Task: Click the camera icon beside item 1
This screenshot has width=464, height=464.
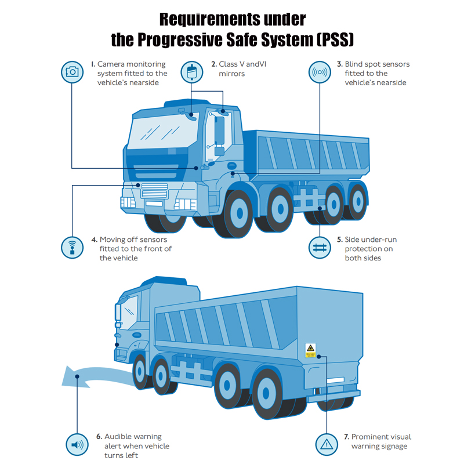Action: pyautogui.click(x=72, y=72)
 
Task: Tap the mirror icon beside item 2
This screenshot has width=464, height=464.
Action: pyautogui.click(x=191, y=72)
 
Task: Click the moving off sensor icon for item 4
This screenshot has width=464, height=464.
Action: pyautogui.click(x=72, y=247)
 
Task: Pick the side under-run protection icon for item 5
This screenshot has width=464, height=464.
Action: pyautogui.click(x=319, y=247)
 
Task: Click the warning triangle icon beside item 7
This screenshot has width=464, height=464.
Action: pyautogui.click(x=327, y=445)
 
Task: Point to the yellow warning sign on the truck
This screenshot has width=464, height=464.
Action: pyautogui.click(x=311, y=350)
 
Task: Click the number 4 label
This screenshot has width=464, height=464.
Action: pyautogui.click(x=94, y=239)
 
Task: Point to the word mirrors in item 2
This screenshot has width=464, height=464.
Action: pyautogui.click(x=231, y=74)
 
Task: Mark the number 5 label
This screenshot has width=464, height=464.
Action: pyautogui.click(x=339, y=239)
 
